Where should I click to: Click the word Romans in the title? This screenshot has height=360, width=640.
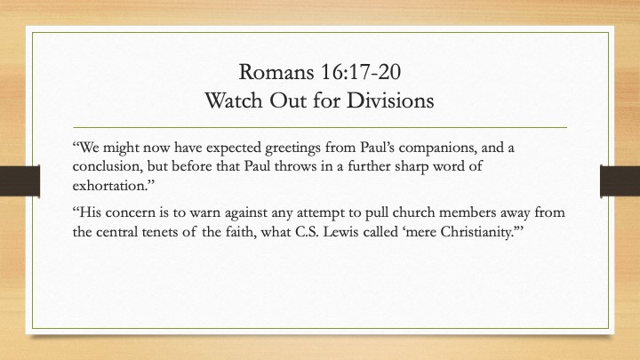[x=276, y=72]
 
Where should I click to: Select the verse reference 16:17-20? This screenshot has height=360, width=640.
[x=361, y=72]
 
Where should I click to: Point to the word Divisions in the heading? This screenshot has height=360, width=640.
[x=390, y=100]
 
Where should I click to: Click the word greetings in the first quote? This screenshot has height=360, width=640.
[x=292, y=148]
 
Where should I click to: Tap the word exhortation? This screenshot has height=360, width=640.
[x=109, y=186]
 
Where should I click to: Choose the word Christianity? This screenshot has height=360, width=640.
[x=476, y=233]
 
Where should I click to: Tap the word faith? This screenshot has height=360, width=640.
[x=241, y=232]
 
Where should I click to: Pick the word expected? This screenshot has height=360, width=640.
[x=234, y=148]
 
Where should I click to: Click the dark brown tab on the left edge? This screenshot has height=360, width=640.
[x=20, y=180]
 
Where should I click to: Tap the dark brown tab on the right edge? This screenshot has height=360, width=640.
[x=620, y=180]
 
